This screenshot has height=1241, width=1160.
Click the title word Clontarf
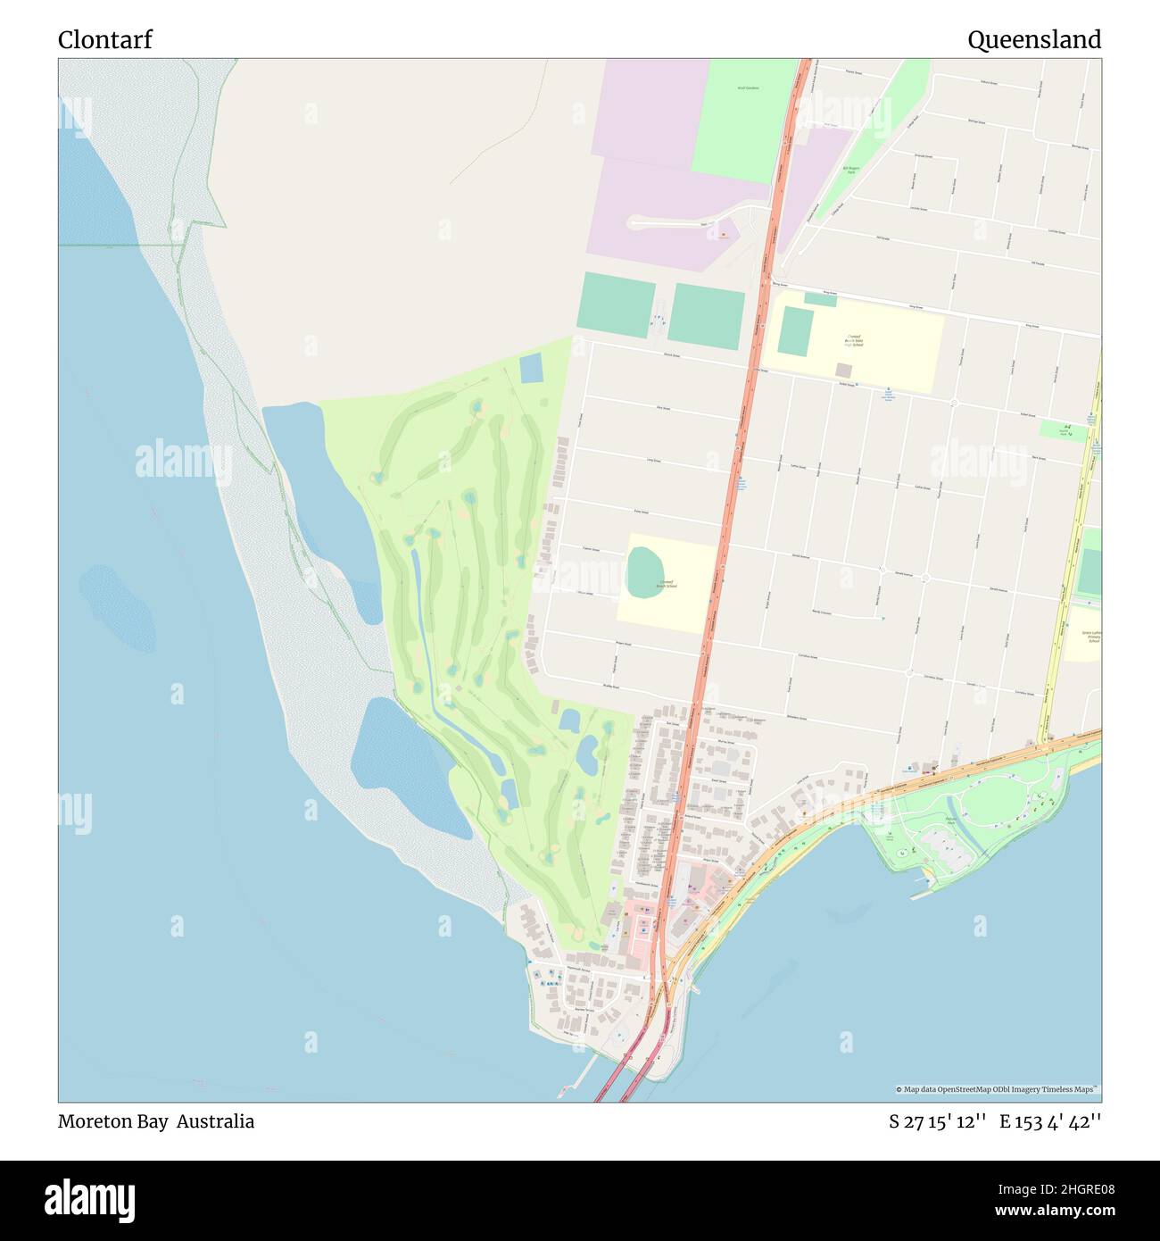pos(105,40)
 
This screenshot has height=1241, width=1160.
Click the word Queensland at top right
pos(1033,40)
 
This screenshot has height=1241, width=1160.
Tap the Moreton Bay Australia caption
pos(156,1121)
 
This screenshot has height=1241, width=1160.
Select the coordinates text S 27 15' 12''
pos(937,1121)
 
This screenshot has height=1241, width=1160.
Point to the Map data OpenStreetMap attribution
pos(997,1089)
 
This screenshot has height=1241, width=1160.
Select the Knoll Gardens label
pos(748,88)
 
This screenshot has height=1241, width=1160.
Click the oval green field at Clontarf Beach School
pos(645,571)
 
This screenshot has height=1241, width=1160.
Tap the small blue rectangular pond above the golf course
pos(530,367)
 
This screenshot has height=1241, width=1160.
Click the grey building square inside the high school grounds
pos(843,370)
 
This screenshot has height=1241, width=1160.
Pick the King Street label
pos(915,307)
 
